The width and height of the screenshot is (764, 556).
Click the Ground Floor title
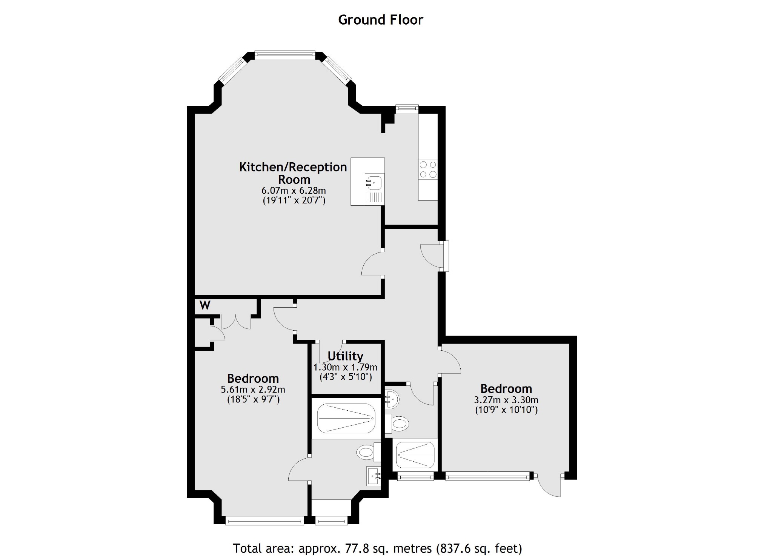tap(380, 20)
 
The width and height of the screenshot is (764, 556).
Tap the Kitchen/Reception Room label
tap(293, 173)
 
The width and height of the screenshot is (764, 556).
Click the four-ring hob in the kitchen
tap(428, 169)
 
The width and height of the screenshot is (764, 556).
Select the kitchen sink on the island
tap(374, 183)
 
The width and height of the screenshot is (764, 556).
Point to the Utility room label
tap(345, 356)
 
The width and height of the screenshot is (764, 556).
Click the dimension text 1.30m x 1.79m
tap(345, 367)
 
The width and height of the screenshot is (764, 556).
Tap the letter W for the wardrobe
tap(204, 305)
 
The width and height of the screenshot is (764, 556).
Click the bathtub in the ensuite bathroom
tap(346, 418)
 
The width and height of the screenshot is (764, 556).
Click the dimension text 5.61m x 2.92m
tap(253, 389)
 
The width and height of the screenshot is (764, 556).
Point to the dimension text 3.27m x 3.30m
tap(506, 400)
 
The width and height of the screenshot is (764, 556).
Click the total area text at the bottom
tap(377, 548)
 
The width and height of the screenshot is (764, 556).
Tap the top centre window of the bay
tap(284, 55)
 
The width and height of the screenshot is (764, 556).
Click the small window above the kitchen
tap(407, 108)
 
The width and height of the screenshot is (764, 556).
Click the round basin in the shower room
tap(391, 399)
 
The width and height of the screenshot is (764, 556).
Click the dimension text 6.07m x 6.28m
tap(294, 190)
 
